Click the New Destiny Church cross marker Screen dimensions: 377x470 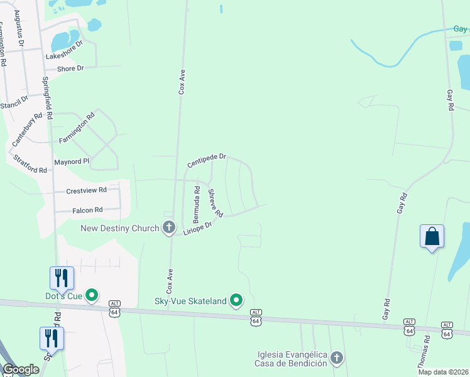[x=168, y=227]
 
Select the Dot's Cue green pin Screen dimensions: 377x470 [x=92, y=295]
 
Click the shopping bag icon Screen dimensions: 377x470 [x=432, y=237]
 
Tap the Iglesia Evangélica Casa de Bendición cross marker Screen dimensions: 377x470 [x=337, y=358]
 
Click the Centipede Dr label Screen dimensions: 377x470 [x=206, y=161]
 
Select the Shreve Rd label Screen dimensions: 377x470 [x=216, y=204]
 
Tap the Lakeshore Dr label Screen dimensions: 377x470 [x=64, y=51]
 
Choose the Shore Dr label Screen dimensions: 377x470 [x=70, y=68]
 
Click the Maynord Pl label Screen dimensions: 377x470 [x=72, y=161]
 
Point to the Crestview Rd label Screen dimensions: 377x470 [x=87, y=190]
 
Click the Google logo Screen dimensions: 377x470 [x=21, y=369]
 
